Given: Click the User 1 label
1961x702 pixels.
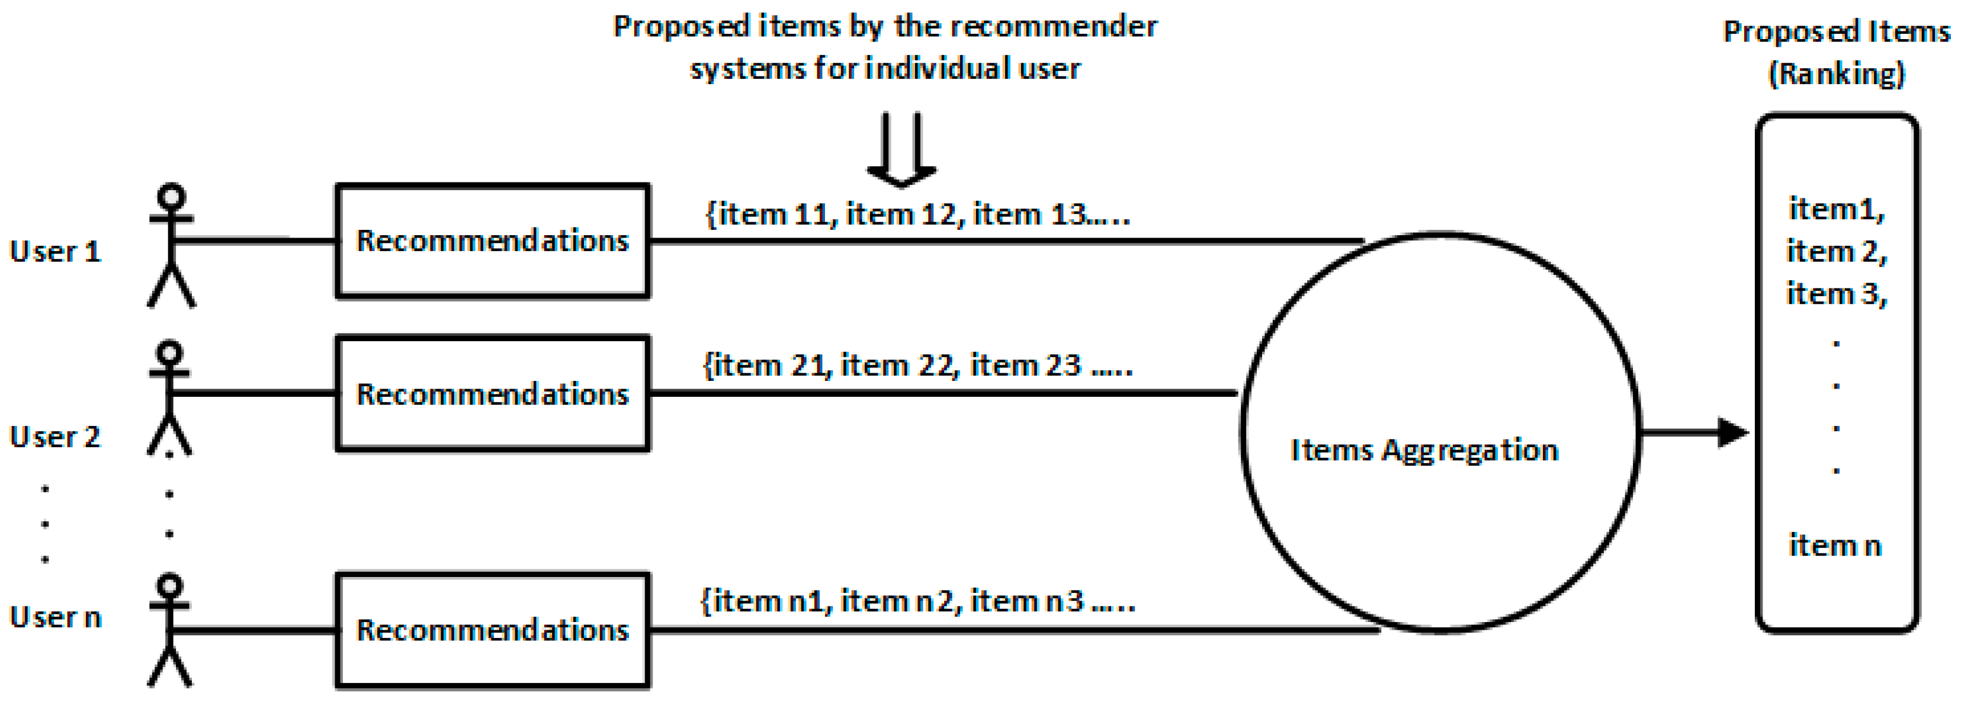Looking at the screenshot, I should (55, 252).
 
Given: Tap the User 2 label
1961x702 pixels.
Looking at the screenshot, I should (55, 437).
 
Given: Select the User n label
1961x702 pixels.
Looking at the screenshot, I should (55, 617).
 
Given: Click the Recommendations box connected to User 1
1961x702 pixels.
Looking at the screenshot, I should (493, 241).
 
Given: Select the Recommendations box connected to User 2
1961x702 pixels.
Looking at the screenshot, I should (493, 393).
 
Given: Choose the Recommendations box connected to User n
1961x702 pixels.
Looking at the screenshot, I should (493, 630).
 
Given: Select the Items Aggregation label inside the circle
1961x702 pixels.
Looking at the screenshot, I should (1424, 450).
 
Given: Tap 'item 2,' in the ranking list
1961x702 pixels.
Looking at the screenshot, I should (1836, 251).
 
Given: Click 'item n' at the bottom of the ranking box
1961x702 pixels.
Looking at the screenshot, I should (1835, 545).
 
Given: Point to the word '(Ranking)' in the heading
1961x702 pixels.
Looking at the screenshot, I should (1836, 74).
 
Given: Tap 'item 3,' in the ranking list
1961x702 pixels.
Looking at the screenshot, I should (1836, 294).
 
